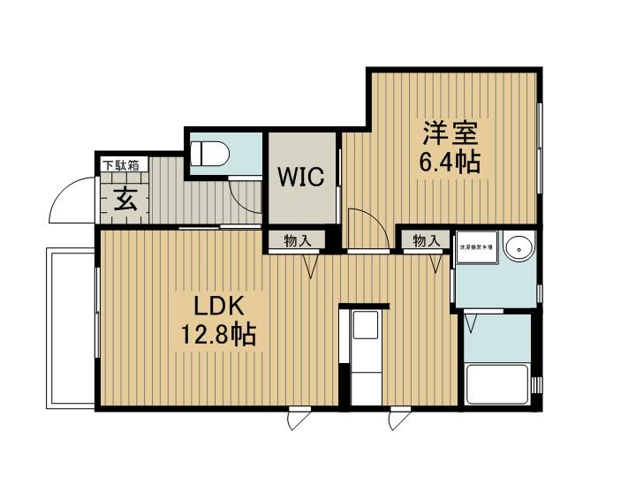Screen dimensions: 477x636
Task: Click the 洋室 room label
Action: tap(450, 134)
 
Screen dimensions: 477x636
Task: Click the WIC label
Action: tap(302, 177)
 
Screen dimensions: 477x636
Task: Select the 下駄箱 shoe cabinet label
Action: tap(121, 165)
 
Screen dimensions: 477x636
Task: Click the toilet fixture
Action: tap(210, 154)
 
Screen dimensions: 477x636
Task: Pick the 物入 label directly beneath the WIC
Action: tap(296, 240)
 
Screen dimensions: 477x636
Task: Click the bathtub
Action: tap(497, 385)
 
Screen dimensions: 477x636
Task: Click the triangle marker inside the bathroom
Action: tap(470, 326)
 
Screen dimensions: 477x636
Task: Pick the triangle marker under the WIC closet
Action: tap(312, 266)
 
